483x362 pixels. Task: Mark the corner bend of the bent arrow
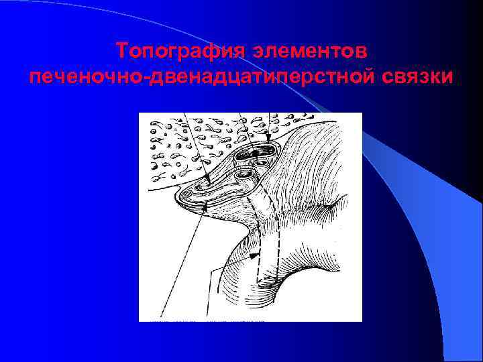215,270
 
